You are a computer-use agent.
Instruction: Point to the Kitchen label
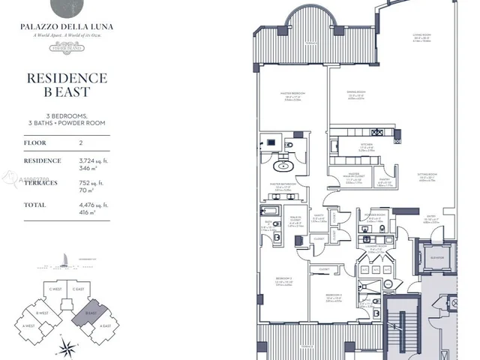click(x=367, y=147)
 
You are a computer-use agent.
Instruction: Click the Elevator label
click(x=438, y=258)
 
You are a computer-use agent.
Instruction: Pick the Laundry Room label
click(x=376, y=247)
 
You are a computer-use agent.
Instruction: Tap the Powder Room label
click(x=374, y=214)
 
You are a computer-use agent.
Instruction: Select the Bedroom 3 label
click(x=334, y=295)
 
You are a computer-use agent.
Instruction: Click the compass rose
click(x=68, y=346)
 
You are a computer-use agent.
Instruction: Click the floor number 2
click(x=81, y=142)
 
